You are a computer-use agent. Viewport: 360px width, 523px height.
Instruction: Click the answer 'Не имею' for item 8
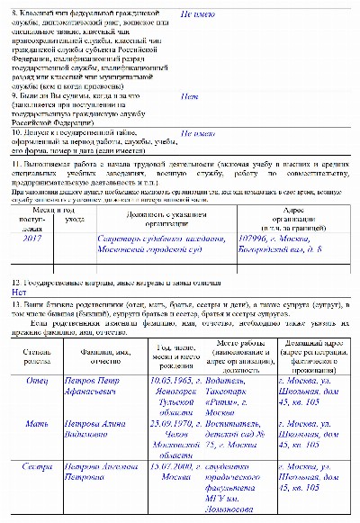(198, 16)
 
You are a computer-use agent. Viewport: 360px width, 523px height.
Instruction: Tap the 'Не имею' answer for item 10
(198, 133)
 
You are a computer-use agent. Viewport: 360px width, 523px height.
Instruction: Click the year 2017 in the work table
(31, 239)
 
